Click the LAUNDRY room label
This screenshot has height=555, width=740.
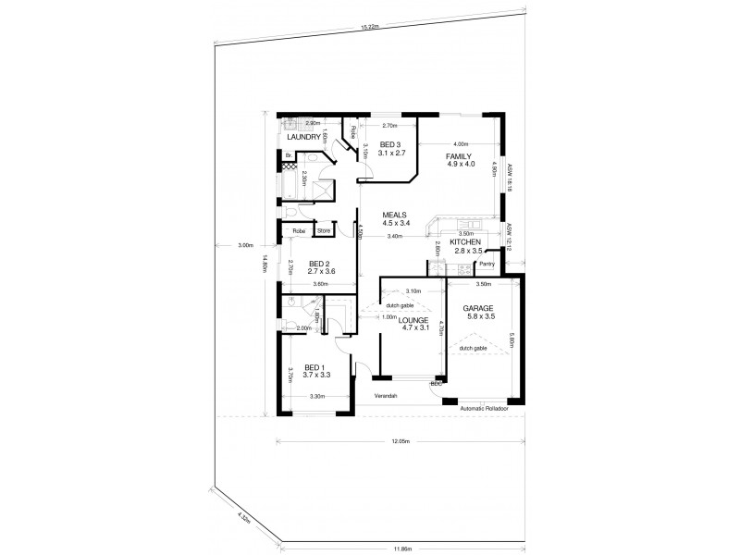click(x=302, y=139)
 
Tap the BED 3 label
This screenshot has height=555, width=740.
click(x=389, y=144)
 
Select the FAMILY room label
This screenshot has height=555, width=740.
click(x=460, y=157)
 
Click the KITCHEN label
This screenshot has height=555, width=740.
click(x=466, y=242)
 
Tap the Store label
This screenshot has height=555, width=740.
click(x=325, y=230)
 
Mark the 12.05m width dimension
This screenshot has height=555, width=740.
click(x=401, y=442)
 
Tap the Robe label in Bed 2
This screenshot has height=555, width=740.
click(x=299, y=230)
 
